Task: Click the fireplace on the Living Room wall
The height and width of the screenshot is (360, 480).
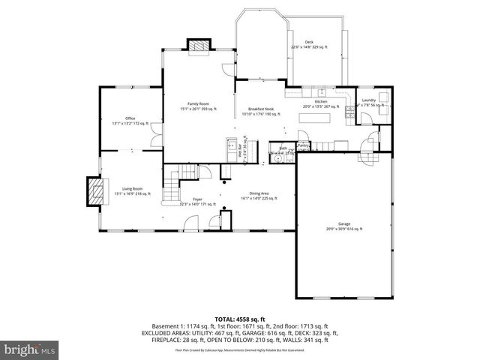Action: (94, 191)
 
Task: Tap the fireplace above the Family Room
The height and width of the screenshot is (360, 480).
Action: (199, 47)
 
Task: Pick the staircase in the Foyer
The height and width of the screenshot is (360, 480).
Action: (174, 182)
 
